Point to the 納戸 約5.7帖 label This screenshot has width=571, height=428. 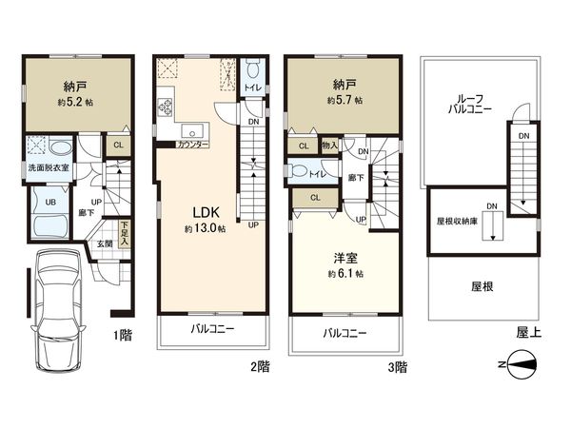point(345,91)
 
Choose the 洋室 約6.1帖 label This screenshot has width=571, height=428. point(345,264)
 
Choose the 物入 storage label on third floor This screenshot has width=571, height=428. point(328,146)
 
